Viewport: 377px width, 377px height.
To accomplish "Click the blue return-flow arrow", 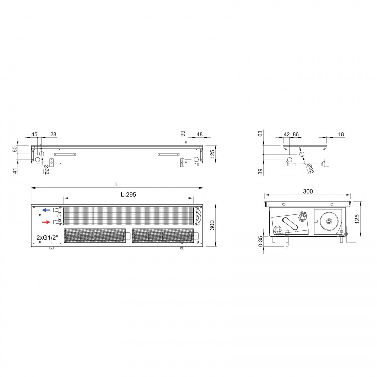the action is pyautogui.click(x=46, y=210).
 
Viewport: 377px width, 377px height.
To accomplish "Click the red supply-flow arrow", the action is pyautogui.click(x=46, y=222).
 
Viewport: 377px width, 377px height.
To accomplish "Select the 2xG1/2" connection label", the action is pyautogui.click(x=47, y=238).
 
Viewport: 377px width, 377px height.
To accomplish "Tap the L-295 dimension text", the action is pyautogui.click(x=128, y=194).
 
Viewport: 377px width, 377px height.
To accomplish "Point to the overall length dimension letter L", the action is pyautogui.click(x=117, y=184).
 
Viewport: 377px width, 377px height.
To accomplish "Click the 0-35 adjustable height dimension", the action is pyautogui.click(x=260, y=241).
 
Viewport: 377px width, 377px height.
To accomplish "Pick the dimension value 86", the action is pyautogui.click(x=295, y=134).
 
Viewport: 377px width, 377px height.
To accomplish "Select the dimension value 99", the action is pyautogui.click(x=183, y=134).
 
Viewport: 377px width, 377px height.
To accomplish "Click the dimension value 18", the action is pyautogui.click(x=341, y=134).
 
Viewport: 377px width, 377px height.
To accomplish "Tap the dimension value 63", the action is pyautogui.click(x=260, y=134).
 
